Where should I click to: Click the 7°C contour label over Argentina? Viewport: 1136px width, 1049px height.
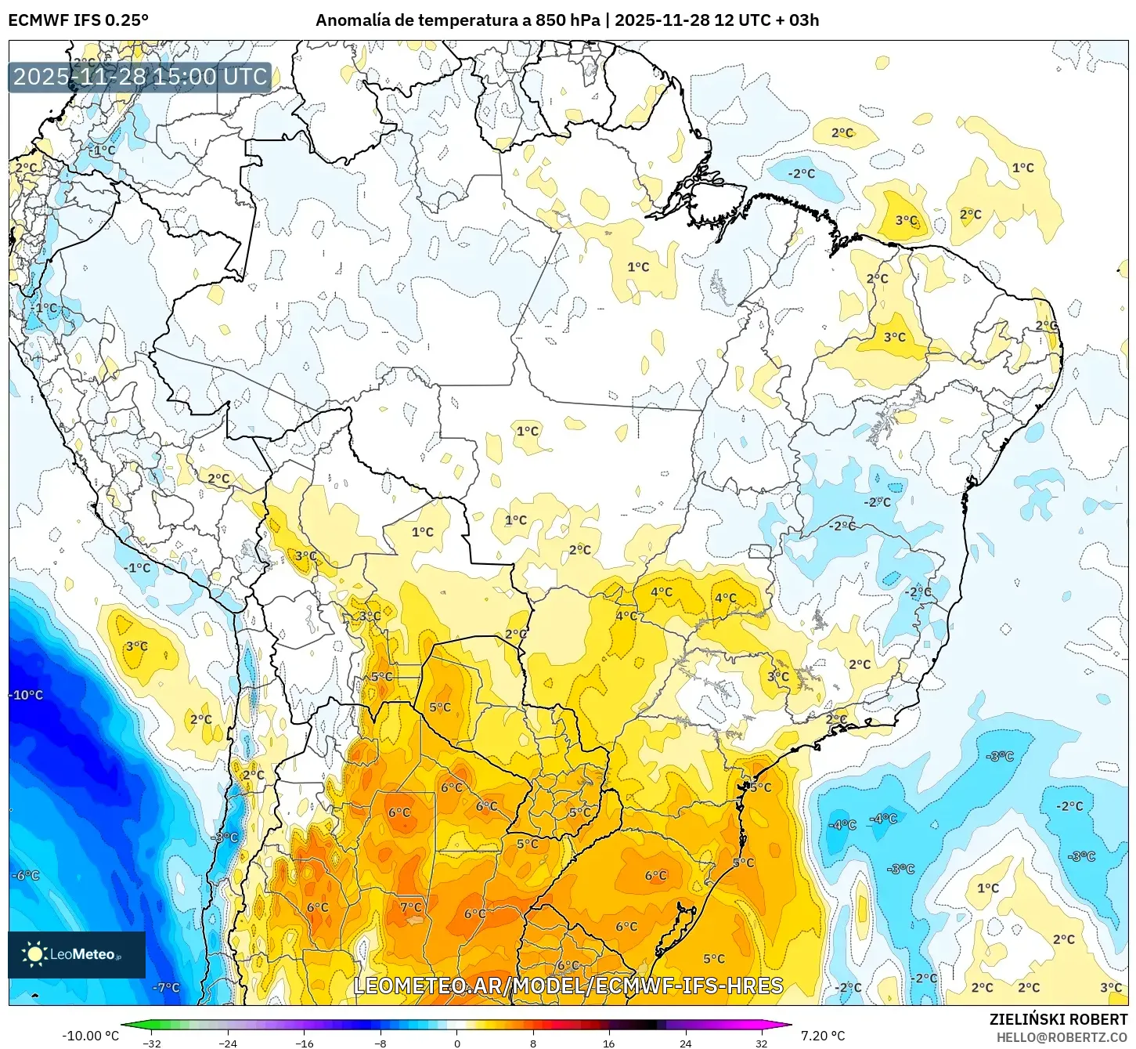411,907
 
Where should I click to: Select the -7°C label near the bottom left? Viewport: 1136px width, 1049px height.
166,987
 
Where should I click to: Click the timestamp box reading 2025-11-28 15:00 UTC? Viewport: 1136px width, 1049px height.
140,77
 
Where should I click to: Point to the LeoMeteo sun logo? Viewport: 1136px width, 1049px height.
34,953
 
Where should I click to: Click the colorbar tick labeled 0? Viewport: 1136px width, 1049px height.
457,1043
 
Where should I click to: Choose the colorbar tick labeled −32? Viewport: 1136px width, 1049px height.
152,1043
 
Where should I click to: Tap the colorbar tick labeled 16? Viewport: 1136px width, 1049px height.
609,1043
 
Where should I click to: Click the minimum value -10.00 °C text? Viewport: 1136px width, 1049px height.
91,1036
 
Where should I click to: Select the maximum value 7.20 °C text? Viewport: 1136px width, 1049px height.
823,1036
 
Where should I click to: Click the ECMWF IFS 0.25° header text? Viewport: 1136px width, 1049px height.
78,20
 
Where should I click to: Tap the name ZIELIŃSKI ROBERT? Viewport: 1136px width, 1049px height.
1058,1019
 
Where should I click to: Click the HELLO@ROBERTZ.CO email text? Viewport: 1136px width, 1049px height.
1062,1037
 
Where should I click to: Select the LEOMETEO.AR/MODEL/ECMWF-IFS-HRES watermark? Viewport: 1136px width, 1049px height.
568,986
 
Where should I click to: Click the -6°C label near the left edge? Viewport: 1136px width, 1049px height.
26,875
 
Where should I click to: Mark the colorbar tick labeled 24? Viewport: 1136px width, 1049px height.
685,1043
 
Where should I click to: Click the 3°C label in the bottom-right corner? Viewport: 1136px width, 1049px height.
1111,987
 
